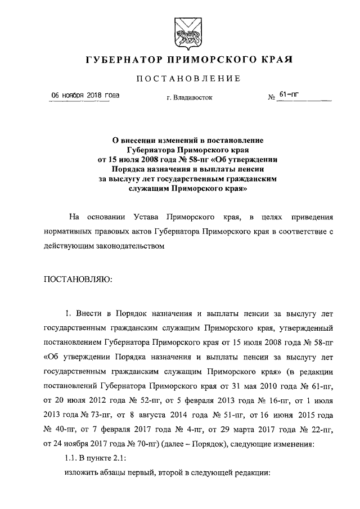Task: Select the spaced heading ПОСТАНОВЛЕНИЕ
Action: tap(181, 78)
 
